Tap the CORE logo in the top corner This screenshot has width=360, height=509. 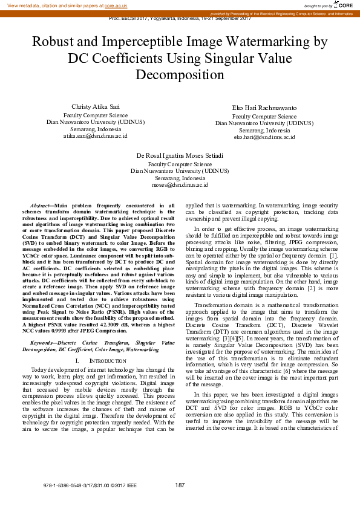click(x=343, y=5)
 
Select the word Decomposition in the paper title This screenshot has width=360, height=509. click(x=180, y=76)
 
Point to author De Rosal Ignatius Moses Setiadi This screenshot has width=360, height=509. click(x=180, y=155)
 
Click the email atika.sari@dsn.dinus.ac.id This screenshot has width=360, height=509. click(x=96, y=136)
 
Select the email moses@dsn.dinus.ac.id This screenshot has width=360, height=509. click(x=180, y=186)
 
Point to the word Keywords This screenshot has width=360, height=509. click(x=46, y=343)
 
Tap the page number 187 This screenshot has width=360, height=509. click(x=180, y=485)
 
